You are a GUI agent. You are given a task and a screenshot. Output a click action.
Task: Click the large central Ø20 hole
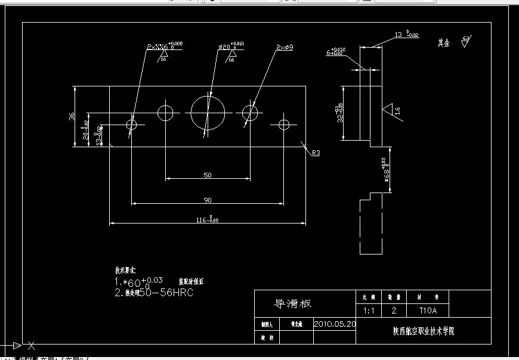tap(208, 112)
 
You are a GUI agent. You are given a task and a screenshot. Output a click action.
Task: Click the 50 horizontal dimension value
tap(208, 175)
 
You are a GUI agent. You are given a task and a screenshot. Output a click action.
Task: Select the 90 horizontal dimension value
tap(208, 200)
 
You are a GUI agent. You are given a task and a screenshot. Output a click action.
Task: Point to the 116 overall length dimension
tap(207, 221)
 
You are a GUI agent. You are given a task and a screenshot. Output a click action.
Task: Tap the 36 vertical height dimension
tap(72, 117)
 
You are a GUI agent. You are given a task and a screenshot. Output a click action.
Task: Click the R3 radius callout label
tap(316, 153)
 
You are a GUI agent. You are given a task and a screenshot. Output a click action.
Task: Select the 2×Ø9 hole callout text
tap(286, 46)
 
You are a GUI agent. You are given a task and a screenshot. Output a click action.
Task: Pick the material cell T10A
tap(428, 311)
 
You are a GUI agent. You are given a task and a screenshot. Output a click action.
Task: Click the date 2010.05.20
tap(334, 324)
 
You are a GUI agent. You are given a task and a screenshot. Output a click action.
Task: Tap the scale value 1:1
tap(370, 311)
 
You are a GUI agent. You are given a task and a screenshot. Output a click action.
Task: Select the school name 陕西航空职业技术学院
tap(423, 331)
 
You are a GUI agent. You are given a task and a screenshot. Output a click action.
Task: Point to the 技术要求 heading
tap(125, 271)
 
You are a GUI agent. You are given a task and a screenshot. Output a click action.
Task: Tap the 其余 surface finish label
tap(443, 43)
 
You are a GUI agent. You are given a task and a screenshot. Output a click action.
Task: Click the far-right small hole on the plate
tap(283, 124)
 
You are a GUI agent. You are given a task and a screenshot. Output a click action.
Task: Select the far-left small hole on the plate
tap(132, 125)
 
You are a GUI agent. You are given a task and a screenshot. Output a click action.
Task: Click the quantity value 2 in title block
tap(393, 311)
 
